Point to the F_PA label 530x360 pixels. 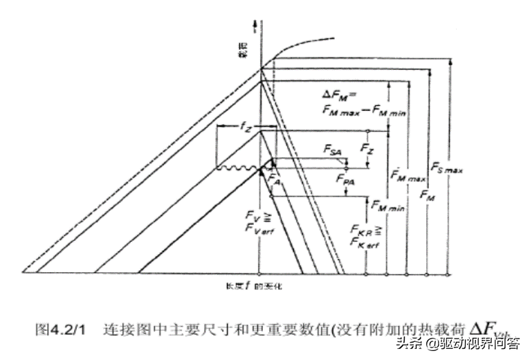point(345,178)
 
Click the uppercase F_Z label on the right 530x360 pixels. point(368,147)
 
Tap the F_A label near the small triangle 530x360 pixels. point(275,180)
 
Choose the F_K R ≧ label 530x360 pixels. point(367,228)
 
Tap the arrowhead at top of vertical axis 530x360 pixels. point(257,25)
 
